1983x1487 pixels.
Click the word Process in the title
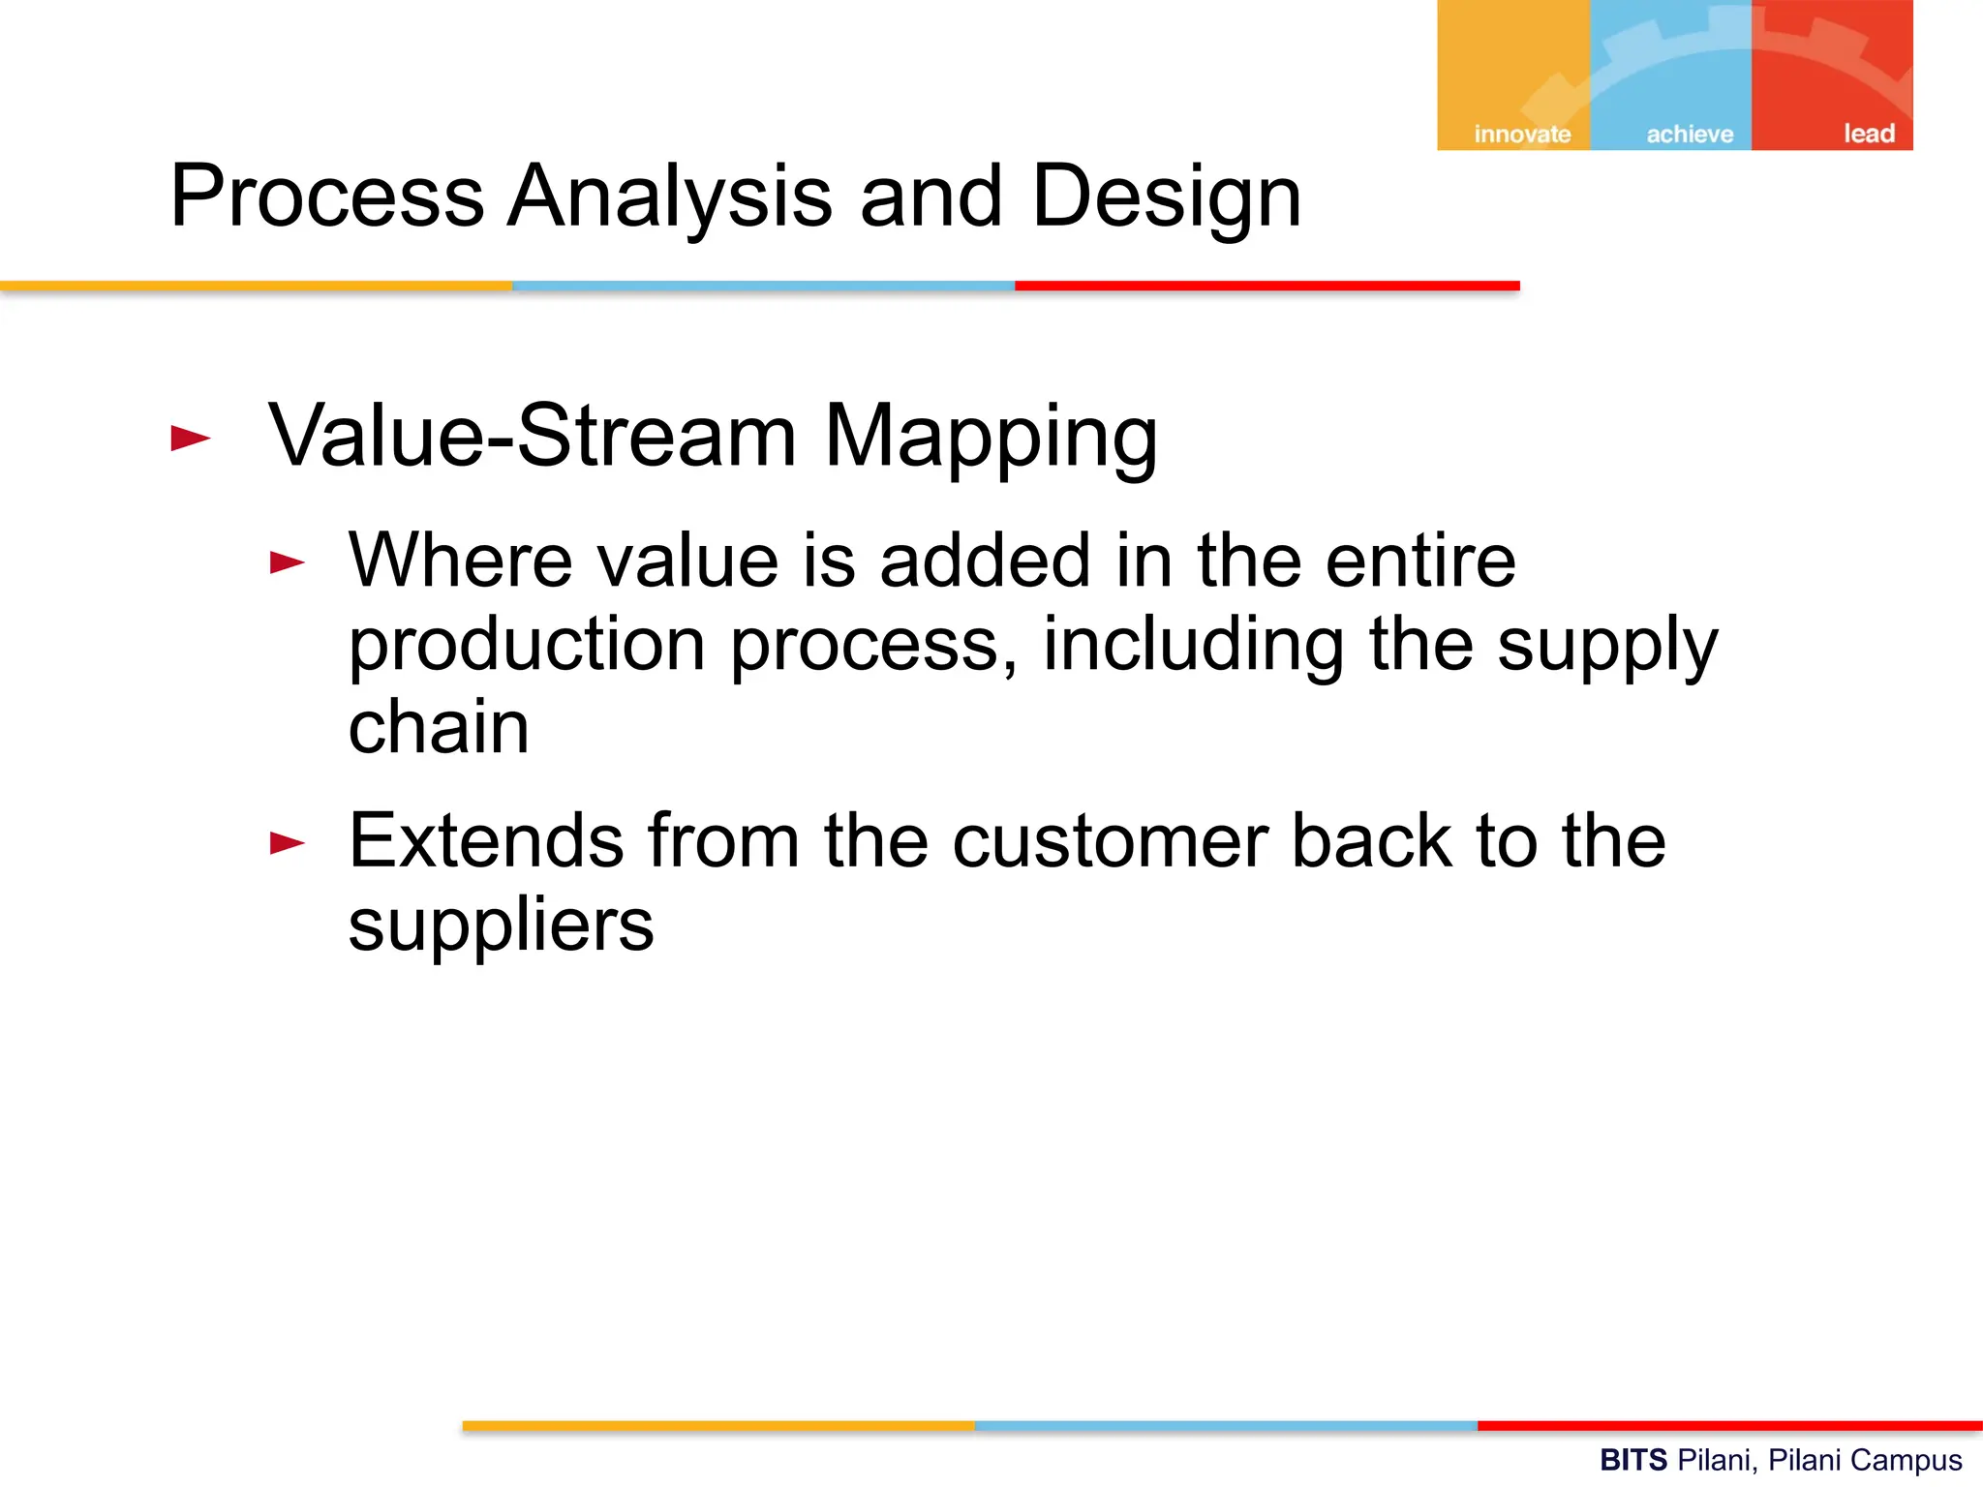(x=326, y=197)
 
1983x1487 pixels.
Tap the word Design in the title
(x=1166, y=197)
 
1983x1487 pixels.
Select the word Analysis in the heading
(x=669, y=197)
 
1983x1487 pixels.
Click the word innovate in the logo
(x=1521, y=134)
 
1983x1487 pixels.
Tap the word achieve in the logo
(x=1690, y=134)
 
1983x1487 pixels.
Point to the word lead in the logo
(x=1868, y=133)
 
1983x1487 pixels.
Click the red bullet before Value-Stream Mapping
(x=190, y=439)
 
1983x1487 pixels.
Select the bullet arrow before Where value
(x=288, y=562)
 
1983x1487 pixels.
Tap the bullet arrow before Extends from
(x=288, y=843)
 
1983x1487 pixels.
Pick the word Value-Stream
(x=533, y=436)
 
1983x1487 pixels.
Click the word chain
(x=438, y=727)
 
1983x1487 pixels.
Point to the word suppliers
(x=501, y=925)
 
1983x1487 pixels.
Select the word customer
(x=1110, y=840)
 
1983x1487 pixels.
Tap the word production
(x=526, y=645)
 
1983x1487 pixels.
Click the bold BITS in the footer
(x=1632, y=1460)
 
